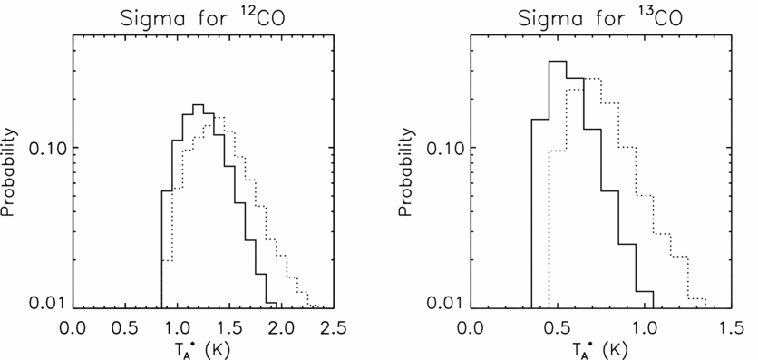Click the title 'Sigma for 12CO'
click(x=203, y=17)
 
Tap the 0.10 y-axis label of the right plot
click(x=447, y=147)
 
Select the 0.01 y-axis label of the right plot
click(x=447, y=302)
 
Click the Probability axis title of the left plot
click(x=11, y=172)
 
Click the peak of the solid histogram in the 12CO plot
click(x=198, y=105)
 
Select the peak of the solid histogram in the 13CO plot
click(x=558, y=62)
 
